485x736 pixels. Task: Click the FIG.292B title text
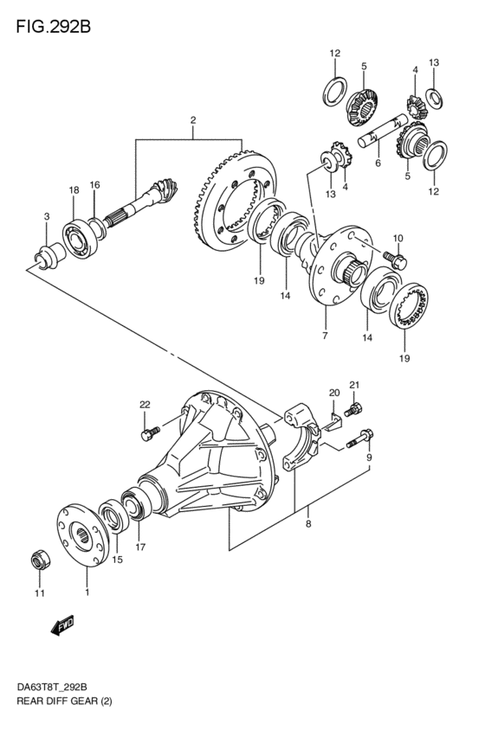pyautogui.click(x=53, y=27)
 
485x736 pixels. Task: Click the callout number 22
pyautogui.click(x=145, y=404)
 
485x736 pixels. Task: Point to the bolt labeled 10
pyautogui.click(x=395, y=259)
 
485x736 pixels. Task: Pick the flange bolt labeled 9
pyautogui.click(x=360, y=438)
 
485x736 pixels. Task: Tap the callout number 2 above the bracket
pyautogui.click(x=192, y=120)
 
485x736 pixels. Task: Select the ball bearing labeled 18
pyautogui.click(x=81, y=240)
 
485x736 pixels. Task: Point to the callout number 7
pyautogui.click(x=326, y=336)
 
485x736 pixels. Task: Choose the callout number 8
pyautogui.click(x=308, y=524)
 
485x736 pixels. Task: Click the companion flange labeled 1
pyautogui.click(x=83, y=535)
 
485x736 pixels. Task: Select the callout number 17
pyautogui.click(x=140, y=547)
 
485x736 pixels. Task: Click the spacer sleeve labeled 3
pyautogui.click(x=48, y=256)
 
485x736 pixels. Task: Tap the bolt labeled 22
pyautogui.click(x=151, y=432)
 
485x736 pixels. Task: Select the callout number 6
pyautogui.click(x=378, y=163)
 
